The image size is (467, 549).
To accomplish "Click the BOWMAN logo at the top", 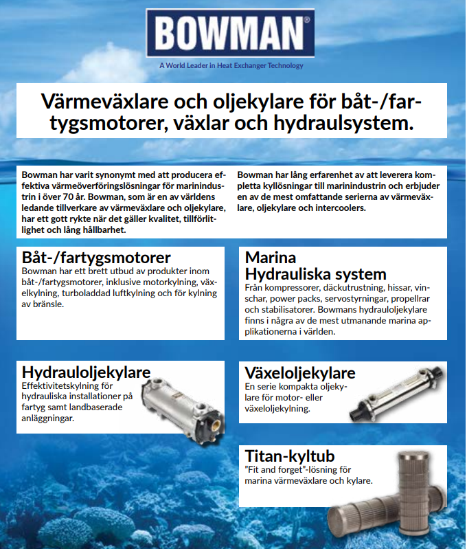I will (x=230, y=32).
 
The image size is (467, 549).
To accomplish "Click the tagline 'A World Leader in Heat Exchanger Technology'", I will (x=231, y=66).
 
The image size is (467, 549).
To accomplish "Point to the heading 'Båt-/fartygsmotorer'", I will (x=96, y=258).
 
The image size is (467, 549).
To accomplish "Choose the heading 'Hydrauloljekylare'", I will (x=86, y=372).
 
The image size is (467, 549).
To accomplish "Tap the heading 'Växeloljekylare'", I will (x=300, y=372).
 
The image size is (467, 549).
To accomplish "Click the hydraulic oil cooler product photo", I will (x=180, y=399).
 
